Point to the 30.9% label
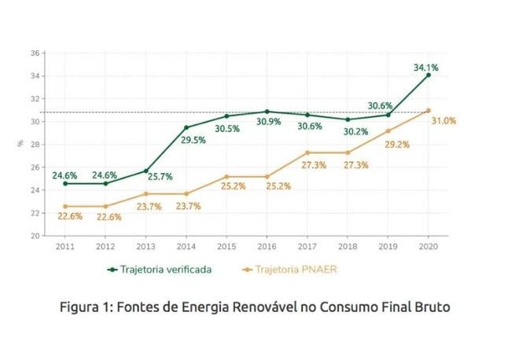click(x=267, y=122)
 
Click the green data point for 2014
click(x=186, y=127)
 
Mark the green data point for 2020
click(x=429, y=75)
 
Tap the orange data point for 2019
click(x=388, y=130)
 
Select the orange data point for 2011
click(x=65, y=206)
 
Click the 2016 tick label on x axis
click(x=267, y=246)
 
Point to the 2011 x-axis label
click(x=65, y=246)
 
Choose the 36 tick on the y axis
click(x=35, y=53)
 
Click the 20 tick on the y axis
click(x=35, y=236)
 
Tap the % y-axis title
click(x=19, y=144)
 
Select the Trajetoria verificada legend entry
click(x=160, y=269)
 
